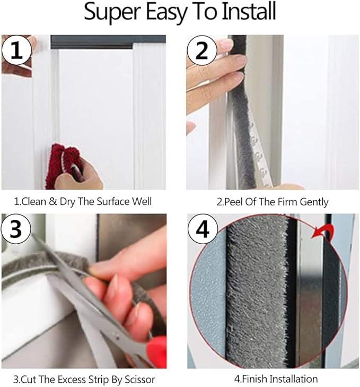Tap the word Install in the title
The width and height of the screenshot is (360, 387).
(249, 11)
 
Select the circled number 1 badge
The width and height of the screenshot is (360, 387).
(17, 50)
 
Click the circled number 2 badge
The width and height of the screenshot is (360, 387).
(202, 50)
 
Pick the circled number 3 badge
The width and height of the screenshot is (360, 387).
(16, 229)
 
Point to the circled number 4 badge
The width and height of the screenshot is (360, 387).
(203, 229)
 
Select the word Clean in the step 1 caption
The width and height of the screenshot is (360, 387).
(34, 202)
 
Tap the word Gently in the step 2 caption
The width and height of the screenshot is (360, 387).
(314, 202)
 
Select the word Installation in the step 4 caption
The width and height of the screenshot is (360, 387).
(293, 379)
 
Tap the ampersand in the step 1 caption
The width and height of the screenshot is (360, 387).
(53, 202)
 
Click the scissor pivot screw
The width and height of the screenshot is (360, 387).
(116, 337)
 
